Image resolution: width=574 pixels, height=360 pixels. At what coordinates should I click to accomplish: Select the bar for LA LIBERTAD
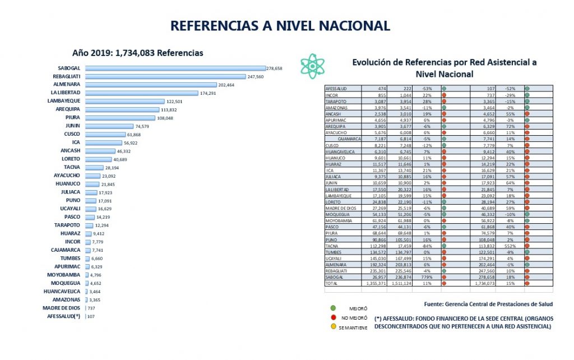click(142, 93)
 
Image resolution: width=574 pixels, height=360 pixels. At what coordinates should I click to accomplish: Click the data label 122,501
click(197, 101)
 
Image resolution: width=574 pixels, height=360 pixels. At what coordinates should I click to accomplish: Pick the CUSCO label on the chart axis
click(72, 135)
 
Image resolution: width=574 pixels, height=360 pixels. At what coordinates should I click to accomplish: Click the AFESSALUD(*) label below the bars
click(64, 316)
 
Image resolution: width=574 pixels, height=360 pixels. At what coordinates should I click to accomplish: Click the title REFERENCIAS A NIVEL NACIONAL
click(280, 26)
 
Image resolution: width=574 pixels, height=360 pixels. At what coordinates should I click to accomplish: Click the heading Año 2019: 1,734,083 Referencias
click(137, 53)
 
